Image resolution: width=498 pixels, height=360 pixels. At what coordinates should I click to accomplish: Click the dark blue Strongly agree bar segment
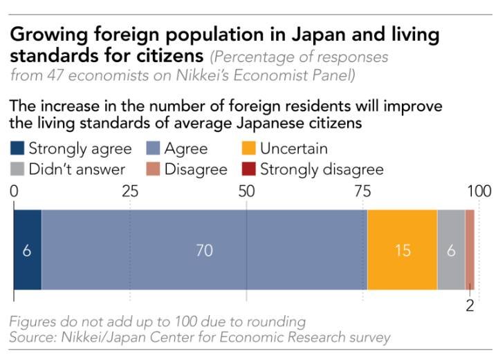[x=28, y=250]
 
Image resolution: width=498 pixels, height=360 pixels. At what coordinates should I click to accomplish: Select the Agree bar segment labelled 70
[x=204, y=250]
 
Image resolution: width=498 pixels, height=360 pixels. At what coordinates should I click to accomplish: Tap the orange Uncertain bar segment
[x=402, y=250]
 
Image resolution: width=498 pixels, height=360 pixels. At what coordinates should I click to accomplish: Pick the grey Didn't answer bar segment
[x=451, y=250]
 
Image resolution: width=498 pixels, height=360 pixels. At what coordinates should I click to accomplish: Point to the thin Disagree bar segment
[x=470, y=250]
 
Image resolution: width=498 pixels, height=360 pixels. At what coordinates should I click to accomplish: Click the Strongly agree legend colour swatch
[x=18, y=148]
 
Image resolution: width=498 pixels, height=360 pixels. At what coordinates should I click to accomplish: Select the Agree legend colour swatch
[x=154, y=148]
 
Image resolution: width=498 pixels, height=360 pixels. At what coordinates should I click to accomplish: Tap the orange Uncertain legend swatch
[x=249, y=148]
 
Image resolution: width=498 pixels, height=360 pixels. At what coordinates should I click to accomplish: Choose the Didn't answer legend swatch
[x=18, y=169]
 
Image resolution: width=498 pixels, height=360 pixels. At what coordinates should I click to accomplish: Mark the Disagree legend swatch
[x=154, y=169]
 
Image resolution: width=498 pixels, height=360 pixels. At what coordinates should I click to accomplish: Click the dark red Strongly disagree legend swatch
[x=249, y=169]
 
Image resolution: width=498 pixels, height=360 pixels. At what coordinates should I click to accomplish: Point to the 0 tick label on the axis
[x=14, y=191]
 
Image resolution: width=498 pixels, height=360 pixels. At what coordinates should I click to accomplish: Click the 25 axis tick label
[x=130, y=191]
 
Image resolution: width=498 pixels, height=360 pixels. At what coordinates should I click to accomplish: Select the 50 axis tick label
[x=246, y=191]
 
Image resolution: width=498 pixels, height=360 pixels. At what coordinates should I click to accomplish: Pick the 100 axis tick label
[x=478, y=191]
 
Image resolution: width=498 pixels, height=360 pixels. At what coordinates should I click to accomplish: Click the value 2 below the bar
[x=470, y=305]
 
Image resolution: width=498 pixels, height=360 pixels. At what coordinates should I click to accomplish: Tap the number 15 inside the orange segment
[x=402, y=251]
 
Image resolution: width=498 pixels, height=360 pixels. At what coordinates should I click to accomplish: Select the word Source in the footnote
[x=30, y=338]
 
